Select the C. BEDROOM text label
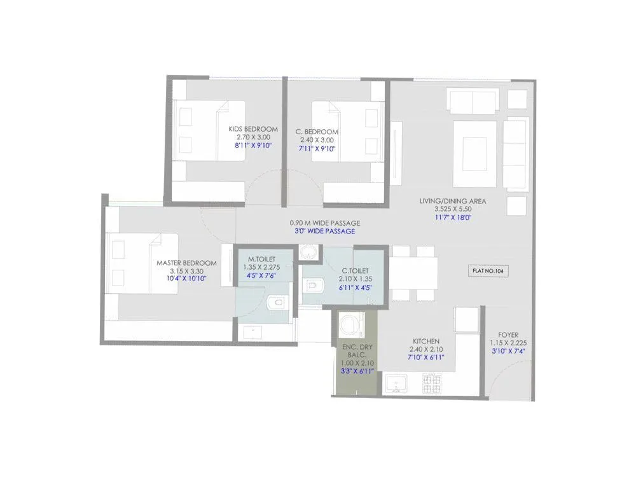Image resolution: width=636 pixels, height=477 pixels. coord(317,132)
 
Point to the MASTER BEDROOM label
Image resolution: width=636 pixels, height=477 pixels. coord(186,263)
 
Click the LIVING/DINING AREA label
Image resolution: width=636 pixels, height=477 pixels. coord(452,201)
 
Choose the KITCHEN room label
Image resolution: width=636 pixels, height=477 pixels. coord(425,342)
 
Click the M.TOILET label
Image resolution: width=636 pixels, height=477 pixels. coord(261,260)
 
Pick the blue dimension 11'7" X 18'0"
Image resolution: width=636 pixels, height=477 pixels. coord(453,217)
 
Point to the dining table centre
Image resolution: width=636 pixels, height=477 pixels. coord(413,273)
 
